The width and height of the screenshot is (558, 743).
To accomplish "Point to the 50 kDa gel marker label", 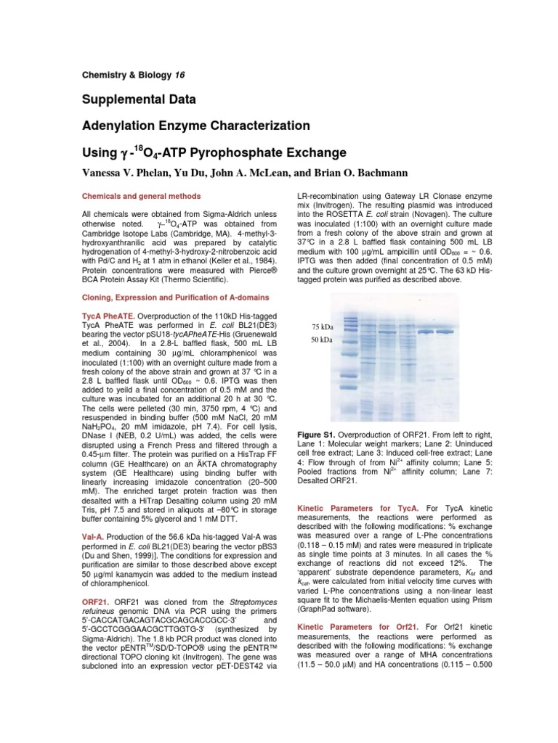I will pyautogui.click(x=322, y=340).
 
